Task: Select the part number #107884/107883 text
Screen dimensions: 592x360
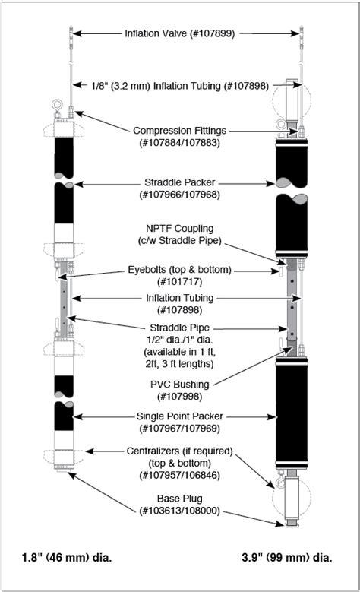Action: point(181,142)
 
